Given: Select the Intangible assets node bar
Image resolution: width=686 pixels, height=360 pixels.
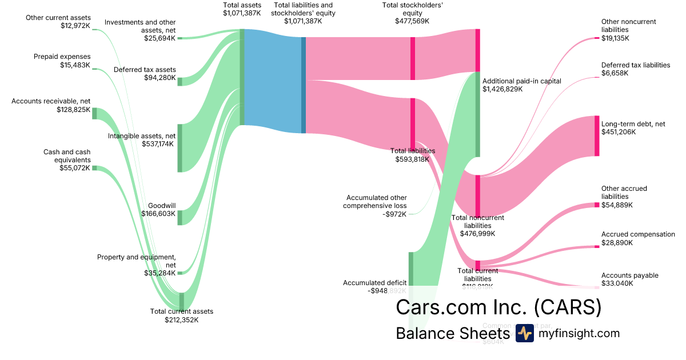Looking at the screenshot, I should [180, 147].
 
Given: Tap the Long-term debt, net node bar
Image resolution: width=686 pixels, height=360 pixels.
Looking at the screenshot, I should [597, 135].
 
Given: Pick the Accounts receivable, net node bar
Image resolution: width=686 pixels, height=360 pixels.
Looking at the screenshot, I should [95, 113].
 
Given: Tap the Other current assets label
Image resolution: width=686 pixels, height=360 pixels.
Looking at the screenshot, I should [58, 22].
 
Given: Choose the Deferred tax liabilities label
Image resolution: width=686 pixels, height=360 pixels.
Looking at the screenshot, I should [635, 69].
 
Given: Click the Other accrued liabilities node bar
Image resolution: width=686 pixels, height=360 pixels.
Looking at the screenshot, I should [597, 205].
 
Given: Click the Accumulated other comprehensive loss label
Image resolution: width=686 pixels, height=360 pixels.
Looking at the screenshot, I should [375, 206].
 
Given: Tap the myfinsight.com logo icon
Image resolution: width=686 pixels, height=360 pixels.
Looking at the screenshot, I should [524, 334].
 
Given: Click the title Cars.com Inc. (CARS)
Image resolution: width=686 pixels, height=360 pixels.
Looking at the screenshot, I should [498, 307].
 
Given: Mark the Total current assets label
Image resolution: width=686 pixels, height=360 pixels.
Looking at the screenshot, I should [181, 315].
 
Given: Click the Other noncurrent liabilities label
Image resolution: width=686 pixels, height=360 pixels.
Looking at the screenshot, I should [628, 30].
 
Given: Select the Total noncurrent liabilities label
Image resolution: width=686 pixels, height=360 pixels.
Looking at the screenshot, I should [477, 225].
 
